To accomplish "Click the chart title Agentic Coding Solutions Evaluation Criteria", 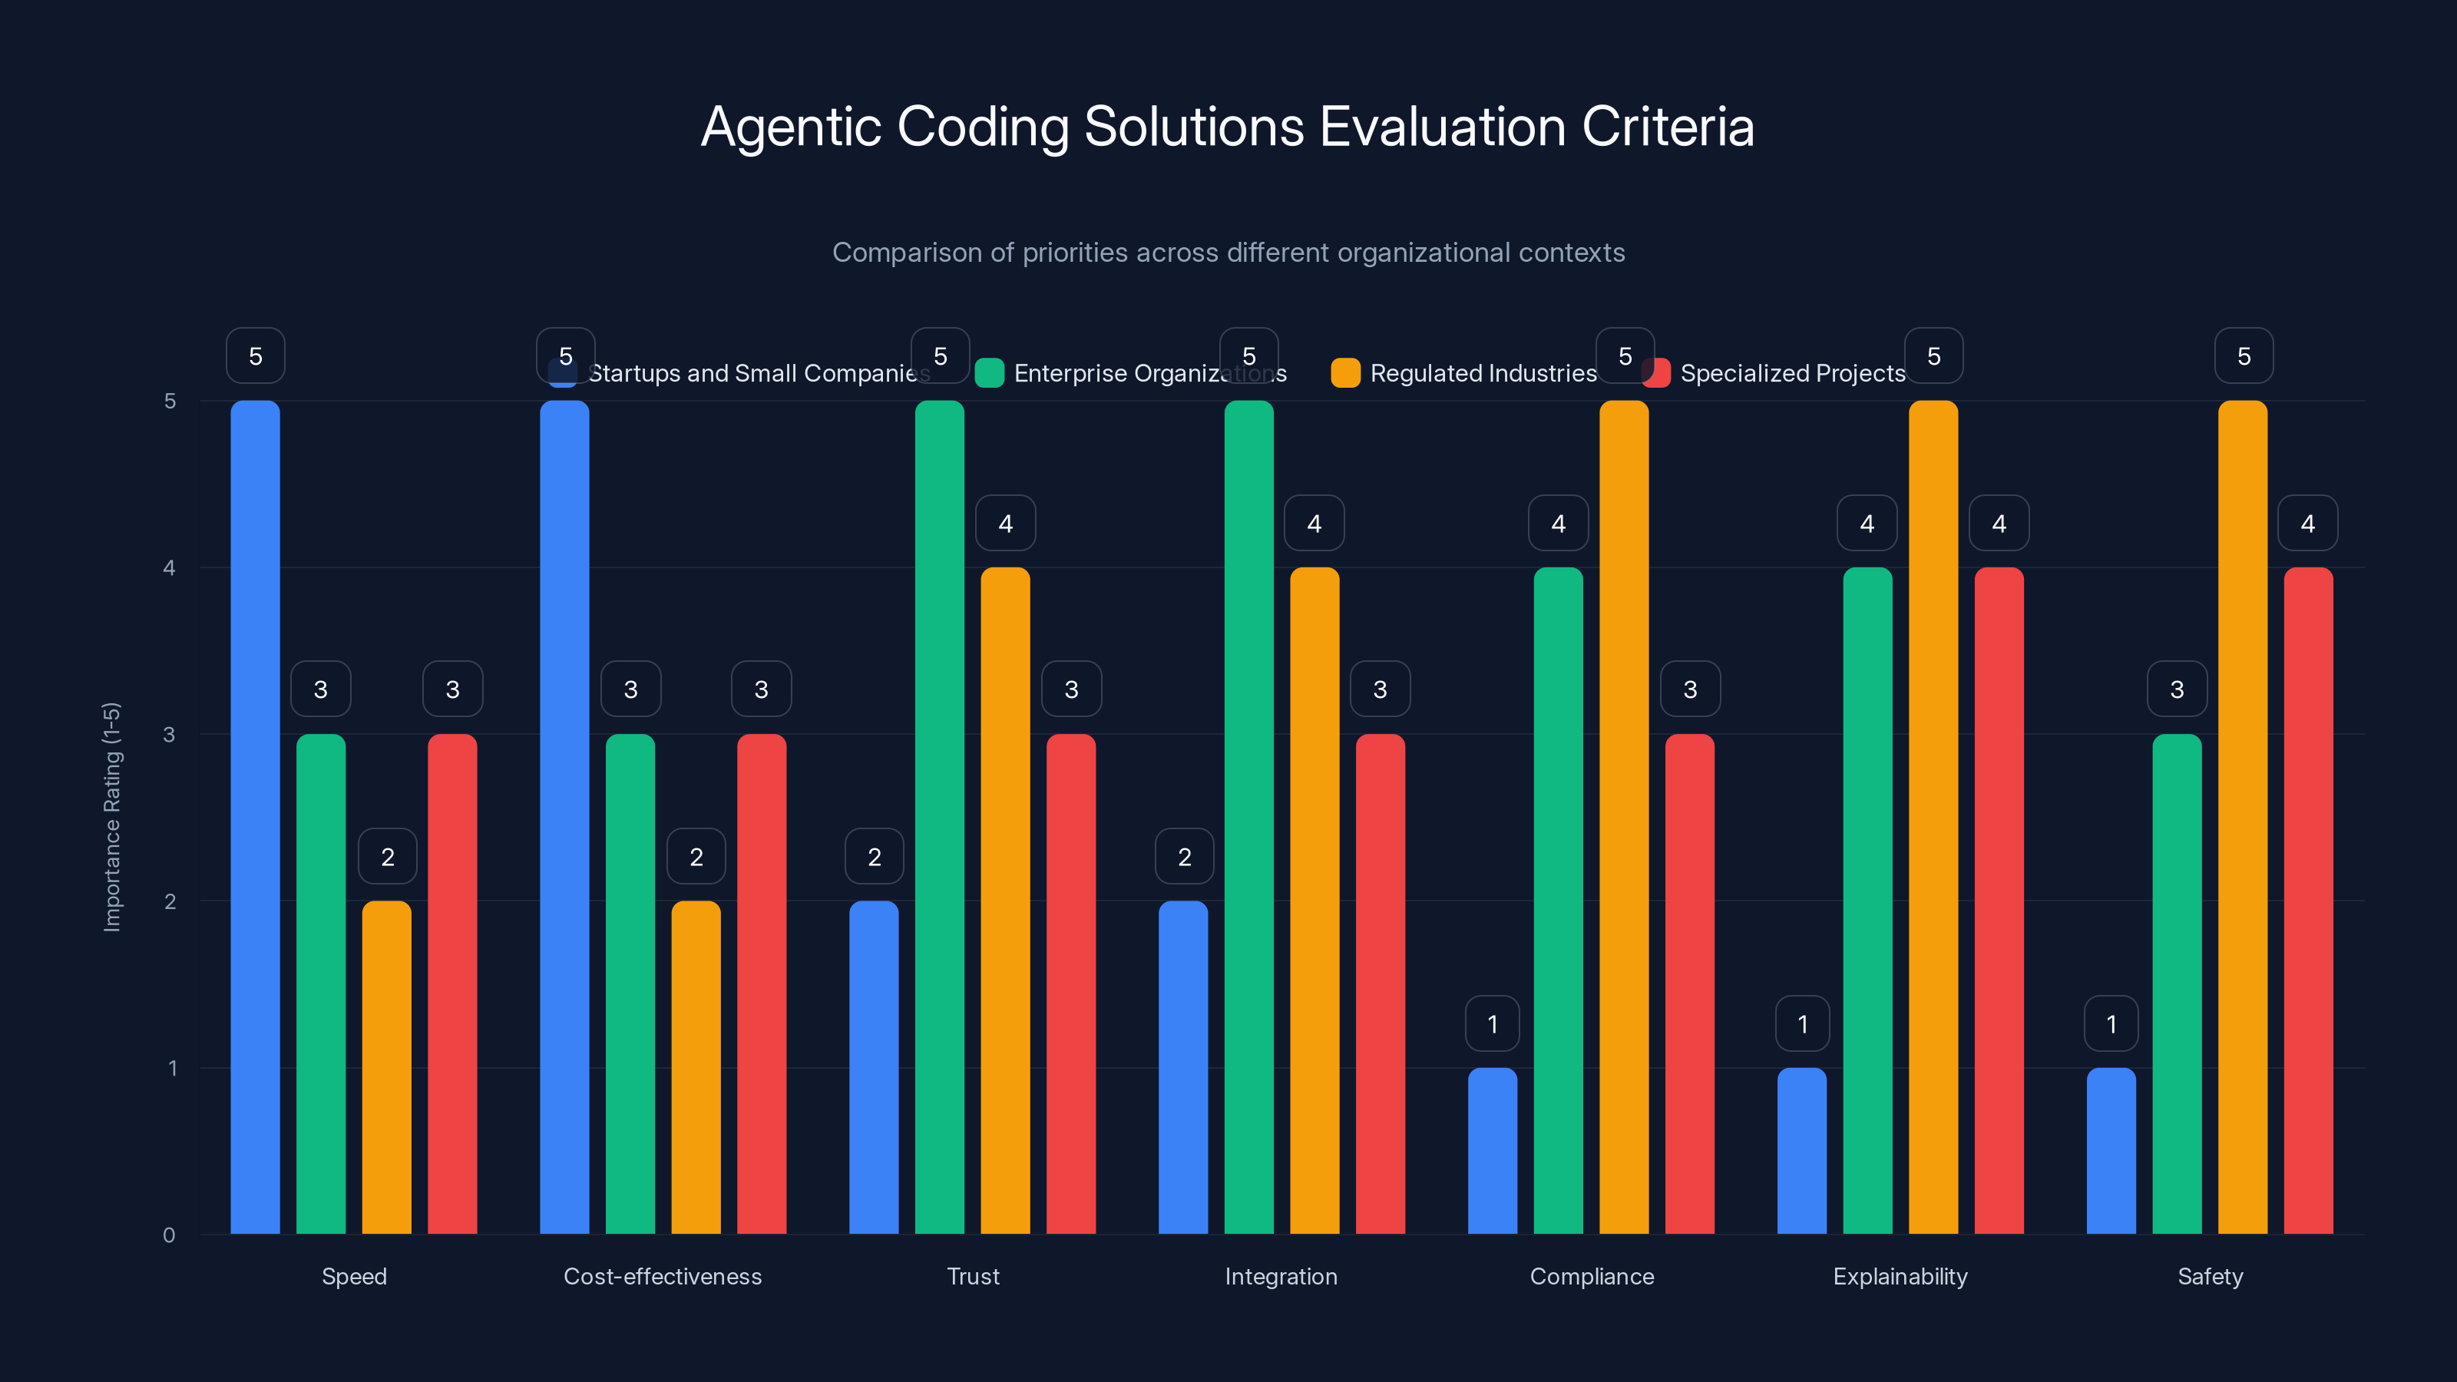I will (1228, 127).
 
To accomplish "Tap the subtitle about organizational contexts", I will (1228, 253).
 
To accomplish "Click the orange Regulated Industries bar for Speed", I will (386, 1067).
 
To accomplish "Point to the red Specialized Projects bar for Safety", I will (2307, 901).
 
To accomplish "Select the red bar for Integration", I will (1381, 984).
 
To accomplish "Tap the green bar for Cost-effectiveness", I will (630, 984).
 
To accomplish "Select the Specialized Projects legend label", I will (1792, 373).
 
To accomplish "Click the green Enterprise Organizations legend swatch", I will (989, 373).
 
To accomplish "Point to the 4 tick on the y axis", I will (169, 568).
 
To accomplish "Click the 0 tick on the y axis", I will (169, 1235).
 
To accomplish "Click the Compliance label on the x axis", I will (1591, 1276).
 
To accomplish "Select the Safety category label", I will (2210, 1276).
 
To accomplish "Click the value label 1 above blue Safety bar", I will (2111, 1024).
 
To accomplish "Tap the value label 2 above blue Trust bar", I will (874, 857).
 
